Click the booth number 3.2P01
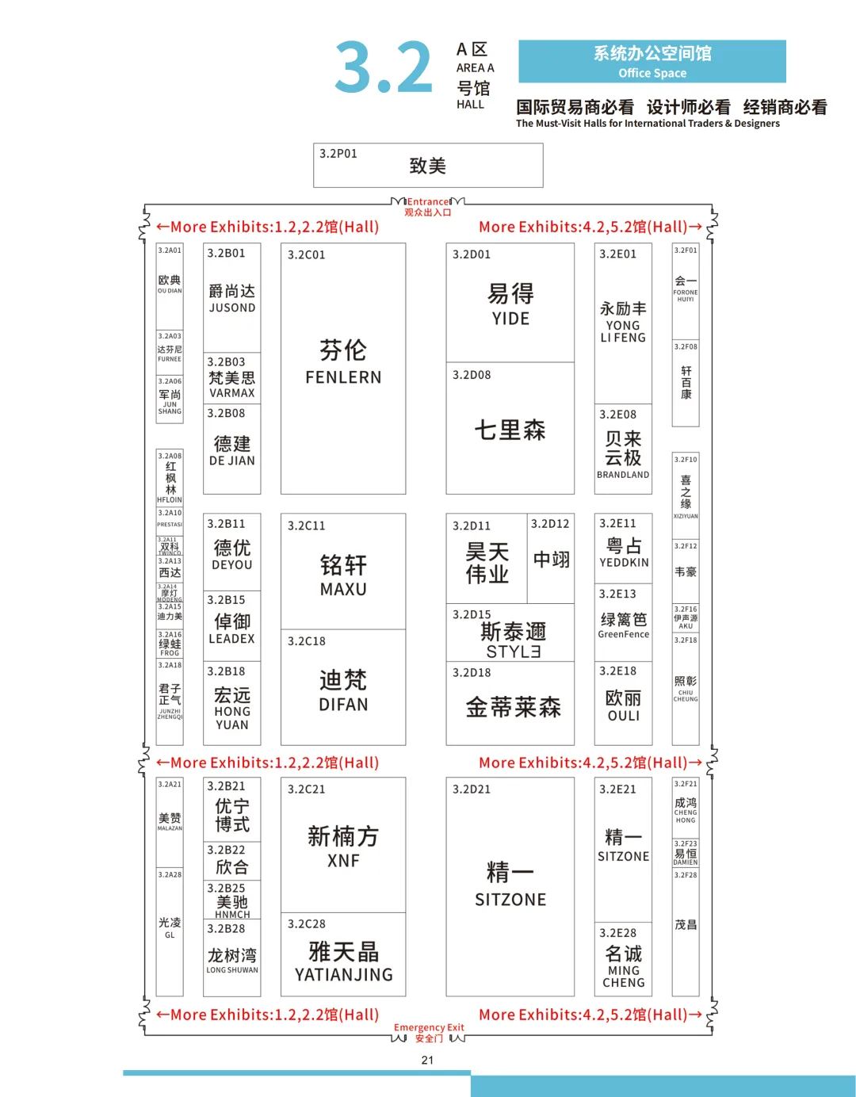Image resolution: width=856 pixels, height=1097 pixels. [x=338, y=154]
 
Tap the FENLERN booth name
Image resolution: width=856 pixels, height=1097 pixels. [x=343, y=377]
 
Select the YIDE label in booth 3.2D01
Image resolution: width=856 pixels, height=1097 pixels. [x=510, y=319]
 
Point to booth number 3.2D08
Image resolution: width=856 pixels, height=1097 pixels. [x=472, y=375]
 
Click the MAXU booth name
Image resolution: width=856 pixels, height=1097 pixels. [x=343, y=590]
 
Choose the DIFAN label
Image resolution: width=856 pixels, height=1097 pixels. [x=343, y=705]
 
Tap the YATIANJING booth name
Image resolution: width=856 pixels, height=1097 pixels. [x=343, y=975]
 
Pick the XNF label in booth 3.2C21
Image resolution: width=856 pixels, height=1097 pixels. [x=343, y=861]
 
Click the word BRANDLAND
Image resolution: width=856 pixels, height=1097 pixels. [x=623, y=475]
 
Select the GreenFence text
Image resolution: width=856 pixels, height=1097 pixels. [x=623, y=635]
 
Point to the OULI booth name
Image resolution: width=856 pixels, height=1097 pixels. [x=623, y=716]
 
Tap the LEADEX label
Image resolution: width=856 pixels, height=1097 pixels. [x=231, y=639]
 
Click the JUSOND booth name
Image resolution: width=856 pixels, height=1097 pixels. [x=231, y=308]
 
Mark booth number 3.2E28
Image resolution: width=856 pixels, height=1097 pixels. [x=617, y=933]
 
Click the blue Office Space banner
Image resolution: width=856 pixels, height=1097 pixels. [x=652, y=62]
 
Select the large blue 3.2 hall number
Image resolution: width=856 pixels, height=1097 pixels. [x=384, y=69]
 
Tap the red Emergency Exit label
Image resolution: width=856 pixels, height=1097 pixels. [x=429, y=1028]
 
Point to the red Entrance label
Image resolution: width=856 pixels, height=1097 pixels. [x=428, y=202]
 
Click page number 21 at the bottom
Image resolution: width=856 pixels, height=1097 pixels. [x=427, y=1061]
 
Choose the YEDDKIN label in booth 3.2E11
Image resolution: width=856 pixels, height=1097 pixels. [x=624, y=563]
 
